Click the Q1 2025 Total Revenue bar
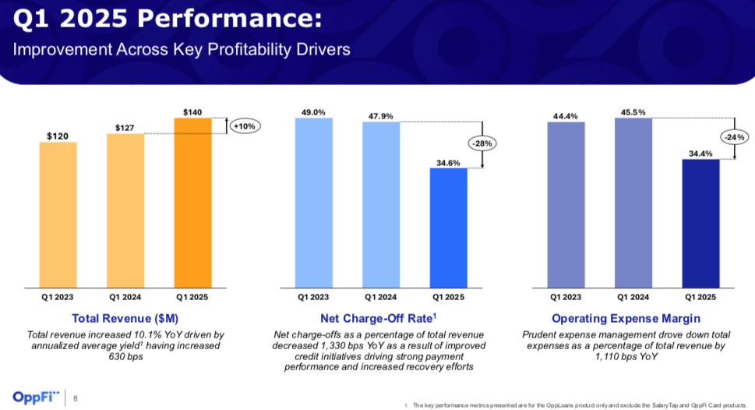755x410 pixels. pos(192,203)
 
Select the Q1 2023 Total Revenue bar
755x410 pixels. pos(58,215)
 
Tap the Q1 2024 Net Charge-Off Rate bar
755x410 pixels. pos(380,205)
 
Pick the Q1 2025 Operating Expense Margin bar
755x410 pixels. pos(700,223)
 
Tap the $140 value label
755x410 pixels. pos(192,112)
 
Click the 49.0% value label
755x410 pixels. pos(313,112)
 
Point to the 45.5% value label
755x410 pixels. pos(633,112)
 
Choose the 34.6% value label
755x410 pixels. pos(448,162)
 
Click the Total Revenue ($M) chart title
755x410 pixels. pos(125,318)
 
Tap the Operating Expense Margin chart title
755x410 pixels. pos(626,318)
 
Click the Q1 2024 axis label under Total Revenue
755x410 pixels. pos(125,297)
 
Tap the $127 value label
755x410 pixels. pos(125,127)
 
